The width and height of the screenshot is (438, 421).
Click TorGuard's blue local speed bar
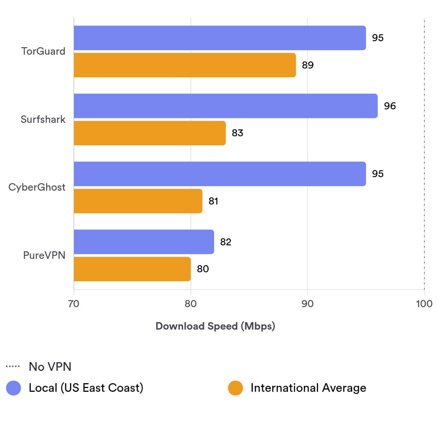pos(219,38)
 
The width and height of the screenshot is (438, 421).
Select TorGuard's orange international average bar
pos(184,65)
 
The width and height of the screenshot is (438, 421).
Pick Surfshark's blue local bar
pos(225,106)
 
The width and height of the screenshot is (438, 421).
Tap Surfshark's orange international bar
pos(150,133)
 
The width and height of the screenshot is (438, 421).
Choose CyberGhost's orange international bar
pos(138,201)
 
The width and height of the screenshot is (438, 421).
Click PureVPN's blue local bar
pos(144,242)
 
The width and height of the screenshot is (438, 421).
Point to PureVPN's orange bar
pos(132,269)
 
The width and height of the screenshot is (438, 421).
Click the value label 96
pos(390,106)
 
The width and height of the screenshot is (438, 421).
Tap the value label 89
pos(307,65)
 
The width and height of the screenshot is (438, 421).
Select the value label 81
pos(213,201)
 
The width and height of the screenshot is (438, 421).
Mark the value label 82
pos(225,242)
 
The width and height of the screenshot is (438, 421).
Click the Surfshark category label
pos(43,119)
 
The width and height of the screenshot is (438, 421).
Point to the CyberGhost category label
pos(37,187)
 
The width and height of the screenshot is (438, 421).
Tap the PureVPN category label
pos(44,255)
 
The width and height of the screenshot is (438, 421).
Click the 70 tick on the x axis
pos(74,304)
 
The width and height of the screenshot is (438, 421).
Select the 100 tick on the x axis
pos(424,304)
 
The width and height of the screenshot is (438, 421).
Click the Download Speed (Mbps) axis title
pos(215,326)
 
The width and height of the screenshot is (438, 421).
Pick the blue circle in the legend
pos(13,388)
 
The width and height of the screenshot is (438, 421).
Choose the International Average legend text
pos(308,388)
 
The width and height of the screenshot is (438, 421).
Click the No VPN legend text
pos(50,367)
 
